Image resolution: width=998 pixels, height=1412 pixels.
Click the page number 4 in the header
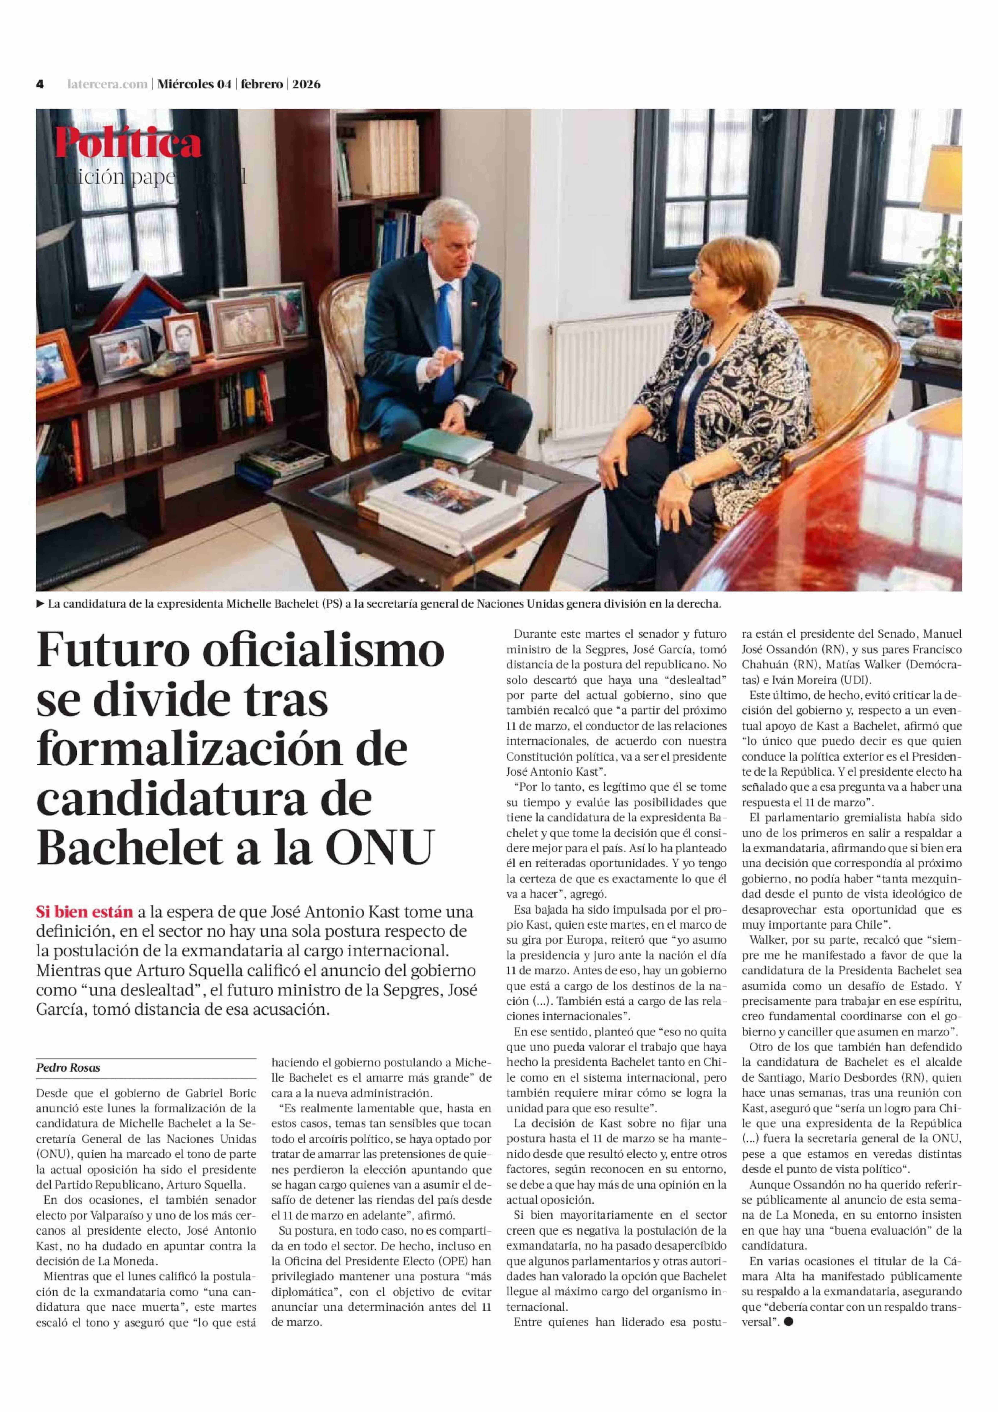39,84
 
